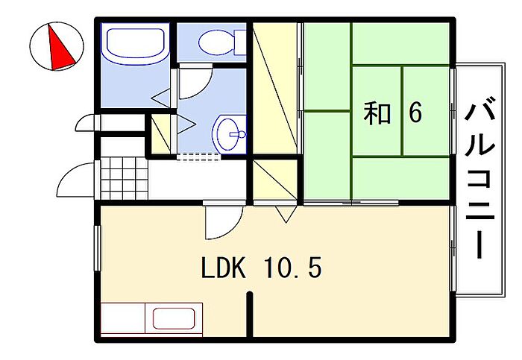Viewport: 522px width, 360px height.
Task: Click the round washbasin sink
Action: point(228,134)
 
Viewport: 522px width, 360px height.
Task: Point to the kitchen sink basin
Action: point(174,318)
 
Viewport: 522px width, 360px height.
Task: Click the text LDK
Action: point(224,269)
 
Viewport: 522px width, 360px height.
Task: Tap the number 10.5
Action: point(293,269)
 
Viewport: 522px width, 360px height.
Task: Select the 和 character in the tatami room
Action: point(377,113)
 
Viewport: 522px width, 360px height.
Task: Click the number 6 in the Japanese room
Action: point(415,113)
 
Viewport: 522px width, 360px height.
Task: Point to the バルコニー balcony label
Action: point(479,177)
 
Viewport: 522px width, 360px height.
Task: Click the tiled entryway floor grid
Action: point(125,179)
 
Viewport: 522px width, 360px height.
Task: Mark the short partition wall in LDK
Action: point(250,315)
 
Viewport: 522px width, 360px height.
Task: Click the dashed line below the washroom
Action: point(199,157)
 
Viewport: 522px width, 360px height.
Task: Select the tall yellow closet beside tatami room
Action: point(274,88)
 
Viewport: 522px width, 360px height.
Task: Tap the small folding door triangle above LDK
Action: point(286,214)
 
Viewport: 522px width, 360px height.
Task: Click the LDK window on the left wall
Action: point(98,248)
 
